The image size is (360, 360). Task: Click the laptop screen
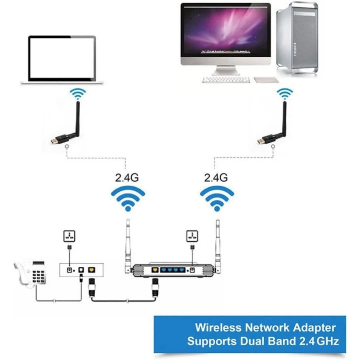tap(62, 58)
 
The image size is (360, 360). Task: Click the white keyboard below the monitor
tap(226, 80)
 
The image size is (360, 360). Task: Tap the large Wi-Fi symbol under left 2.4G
tap(128, 199)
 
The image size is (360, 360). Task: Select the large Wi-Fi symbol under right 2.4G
tap(217, 199)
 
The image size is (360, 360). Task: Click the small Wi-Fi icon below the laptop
tap(77, 94)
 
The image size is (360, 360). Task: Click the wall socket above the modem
tap(69, 236)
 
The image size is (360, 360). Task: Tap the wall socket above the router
tap(192, 236)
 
